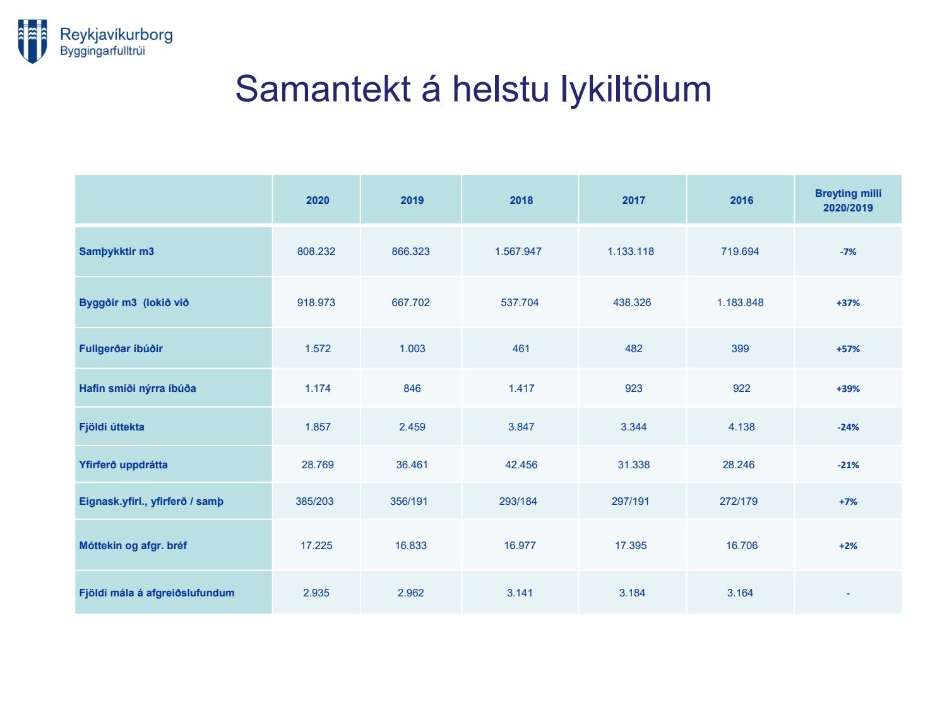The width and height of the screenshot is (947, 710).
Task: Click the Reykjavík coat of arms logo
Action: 32,41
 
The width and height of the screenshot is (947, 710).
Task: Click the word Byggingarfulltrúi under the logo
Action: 103,51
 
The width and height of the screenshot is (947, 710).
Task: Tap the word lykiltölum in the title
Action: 636,90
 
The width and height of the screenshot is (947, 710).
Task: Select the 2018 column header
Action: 521,200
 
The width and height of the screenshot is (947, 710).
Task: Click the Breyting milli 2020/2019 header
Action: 847,201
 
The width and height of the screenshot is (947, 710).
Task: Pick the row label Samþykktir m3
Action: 117,251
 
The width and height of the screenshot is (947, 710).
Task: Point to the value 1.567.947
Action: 518,251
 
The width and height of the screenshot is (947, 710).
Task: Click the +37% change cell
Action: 847,303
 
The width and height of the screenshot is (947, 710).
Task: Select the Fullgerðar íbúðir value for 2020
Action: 318,348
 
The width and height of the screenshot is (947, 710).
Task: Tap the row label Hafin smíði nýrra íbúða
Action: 137,388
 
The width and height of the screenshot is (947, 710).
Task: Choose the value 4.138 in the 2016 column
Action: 741,427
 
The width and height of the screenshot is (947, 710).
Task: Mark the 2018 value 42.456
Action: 521,464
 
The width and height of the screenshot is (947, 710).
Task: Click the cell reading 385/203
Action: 314,501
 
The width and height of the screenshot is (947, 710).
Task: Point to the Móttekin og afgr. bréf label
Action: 133,546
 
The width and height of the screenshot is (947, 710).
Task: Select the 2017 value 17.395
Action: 630,545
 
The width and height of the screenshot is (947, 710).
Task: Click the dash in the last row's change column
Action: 848,594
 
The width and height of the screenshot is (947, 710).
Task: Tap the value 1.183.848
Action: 740,303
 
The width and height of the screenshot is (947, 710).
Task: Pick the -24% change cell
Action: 848,427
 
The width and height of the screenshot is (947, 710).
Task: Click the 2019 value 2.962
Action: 410,593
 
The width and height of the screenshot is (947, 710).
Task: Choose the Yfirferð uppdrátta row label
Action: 123,464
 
